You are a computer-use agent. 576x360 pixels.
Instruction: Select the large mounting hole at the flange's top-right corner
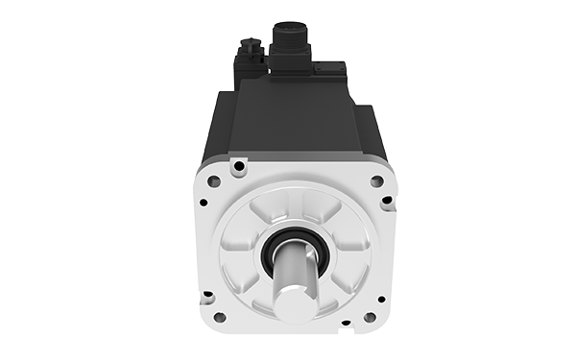tap(376, 180)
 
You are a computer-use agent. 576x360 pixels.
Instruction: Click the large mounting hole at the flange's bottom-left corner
tap(219, 317)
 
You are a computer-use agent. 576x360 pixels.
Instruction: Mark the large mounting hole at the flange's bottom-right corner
tap(370, 317)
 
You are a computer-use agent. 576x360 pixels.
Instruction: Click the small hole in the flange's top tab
tap(238, 165)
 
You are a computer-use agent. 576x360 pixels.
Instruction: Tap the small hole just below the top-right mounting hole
tap(385, 202)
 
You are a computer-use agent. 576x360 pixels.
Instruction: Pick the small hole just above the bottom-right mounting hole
tap(381, 299)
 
